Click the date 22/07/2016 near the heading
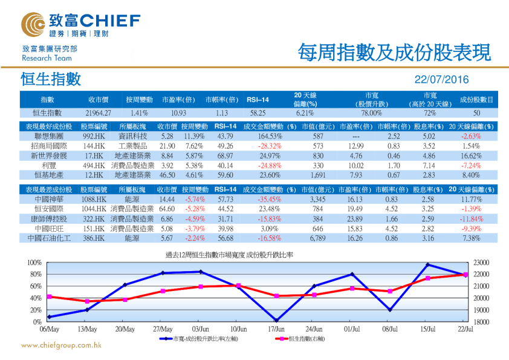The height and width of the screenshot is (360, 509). click(441, 80)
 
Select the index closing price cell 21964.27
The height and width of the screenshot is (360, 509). click(99, 113)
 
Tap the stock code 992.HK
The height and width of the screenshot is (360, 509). click(95, 137)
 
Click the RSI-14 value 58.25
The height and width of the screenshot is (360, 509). click(258, 113)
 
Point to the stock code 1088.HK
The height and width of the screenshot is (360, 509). click(95, 199)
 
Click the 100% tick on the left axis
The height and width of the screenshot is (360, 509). click(34, 263)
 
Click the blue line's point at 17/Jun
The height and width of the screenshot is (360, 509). click(277, 320)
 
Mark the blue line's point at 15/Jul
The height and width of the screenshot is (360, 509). click(428, 264)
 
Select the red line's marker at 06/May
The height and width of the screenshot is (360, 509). click(49, 296)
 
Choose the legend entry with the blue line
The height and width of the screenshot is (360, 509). click(200, 339)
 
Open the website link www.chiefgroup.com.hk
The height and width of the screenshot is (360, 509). click(61, 345)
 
